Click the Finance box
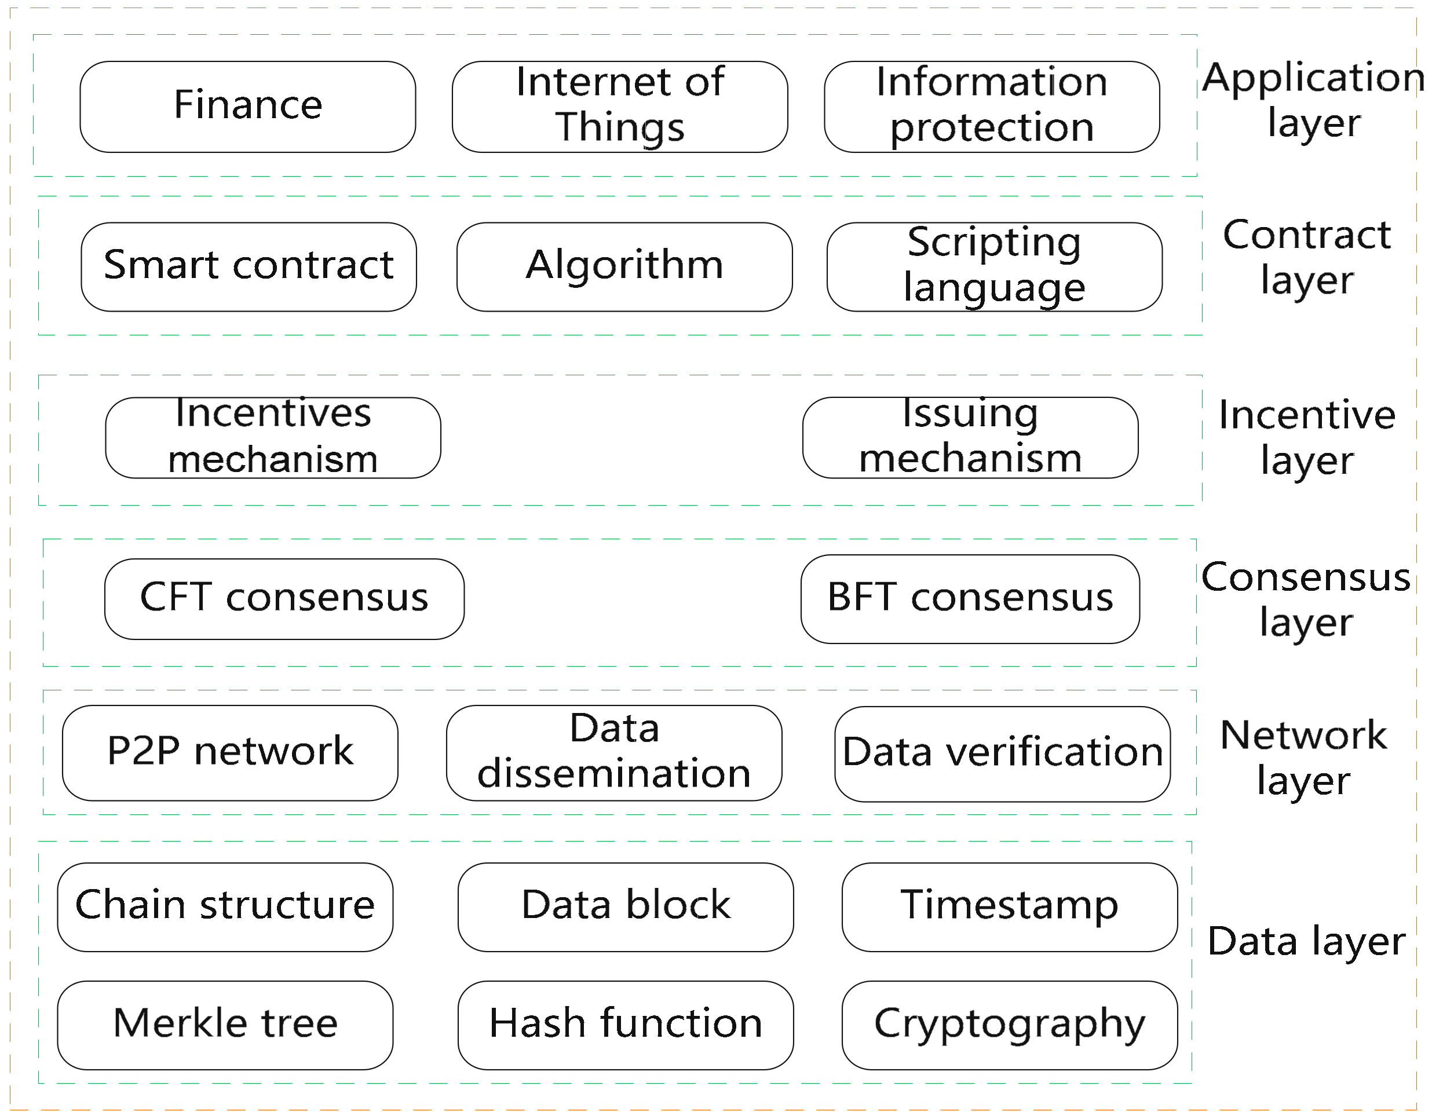pyautogui.click(x=248, y=107)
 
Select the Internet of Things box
pyautogui.click(x=620, y=107)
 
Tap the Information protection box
pyautogui.click(x=991, y=107)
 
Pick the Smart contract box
pyautogui.click(x=249, y=267)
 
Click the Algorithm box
pyautogui.click(x=624, y=267)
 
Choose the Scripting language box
pyautogui.click(x=994, y=267)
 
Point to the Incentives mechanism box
pyautogui.click(x=273, y=437)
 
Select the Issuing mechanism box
pyautogui.click(x=970, y=437)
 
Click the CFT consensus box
pyautogui.click(x=284, y=598)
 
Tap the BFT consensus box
pyautogui.click(x=970, y=598)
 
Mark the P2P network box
pyautogui.click(x=230, y=752)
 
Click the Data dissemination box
pyautogui.click(x=613, y=752)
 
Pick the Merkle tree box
pyautogui.click(x=225, y=1025)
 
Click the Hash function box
pyautogui.click(x=625, y=1025)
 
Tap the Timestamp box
pyautogui.click(x=1009, y=906)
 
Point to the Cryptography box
pyautogui.click(x=1009, y=1025)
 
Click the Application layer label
pyautogui.click(x=1313, y=100)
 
